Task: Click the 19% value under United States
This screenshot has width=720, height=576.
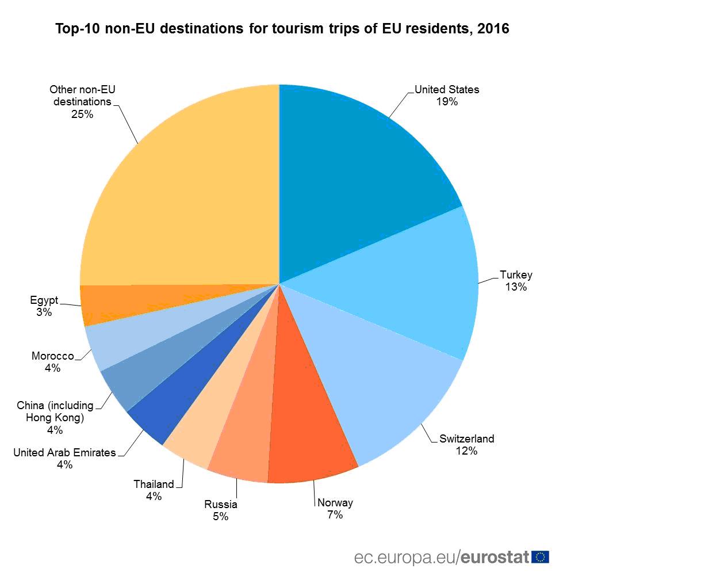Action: [447, 102]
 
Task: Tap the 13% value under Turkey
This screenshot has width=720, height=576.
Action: [516, 287]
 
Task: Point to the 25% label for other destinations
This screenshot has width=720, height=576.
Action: [82, 114]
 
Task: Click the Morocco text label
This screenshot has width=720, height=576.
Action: [52, 356]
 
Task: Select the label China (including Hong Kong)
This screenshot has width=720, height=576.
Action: [55, 411]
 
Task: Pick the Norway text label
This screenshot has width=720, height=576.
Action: [335, 503]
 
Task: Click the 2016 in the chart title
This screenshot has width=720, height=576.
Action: [493, 29]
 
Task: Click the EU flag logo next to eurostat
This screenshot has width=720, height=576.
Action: [541, 557]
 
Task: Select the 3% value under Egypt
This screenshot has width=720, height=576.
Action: [44, 312]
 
